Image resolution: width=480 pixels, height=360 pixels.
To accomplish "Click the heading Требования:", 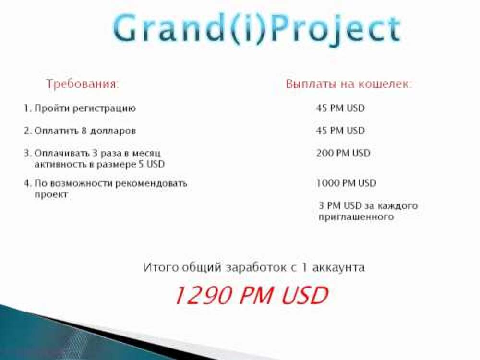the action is [83, 84].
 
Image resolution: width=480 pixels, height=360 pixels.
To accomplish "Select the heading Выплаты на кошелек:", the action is [349, 84].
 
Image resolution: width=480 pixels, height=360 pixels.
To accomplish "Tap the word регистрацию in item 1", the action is [104, 108].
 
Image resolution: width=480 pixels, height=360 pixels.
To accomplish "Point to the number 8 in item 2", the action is [84, 131].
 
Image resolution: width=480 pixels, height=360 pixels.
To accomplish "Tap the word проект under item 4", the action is [51, 195].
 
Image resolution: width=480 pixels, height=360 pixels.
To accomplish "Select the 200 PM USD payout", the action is [343, 153].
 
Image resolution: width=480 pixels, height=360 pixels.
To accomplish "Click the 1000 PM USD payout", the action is [346, 183].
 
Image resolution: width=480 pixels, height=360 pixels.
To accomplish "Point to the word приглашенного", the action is [356, 217].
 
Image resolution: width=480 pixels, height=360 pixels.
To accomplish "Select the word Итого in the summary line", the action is [161, 267].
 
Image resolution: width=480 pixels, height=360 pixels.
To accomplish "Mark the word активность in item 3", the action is [60, 164].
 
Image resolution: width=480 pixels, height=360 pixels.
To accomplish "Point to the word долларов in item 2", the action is [113, 131].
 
